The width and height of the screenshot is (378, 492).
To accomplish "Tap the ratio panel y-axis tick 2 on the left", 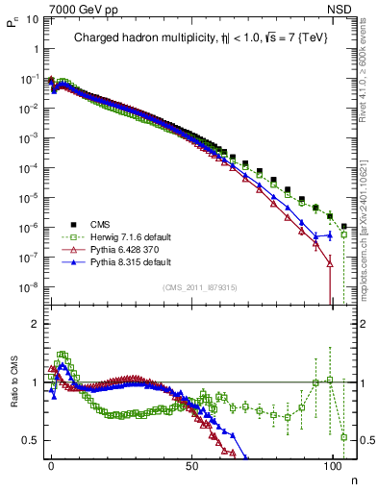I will pyautogui.click(x=34, y=324).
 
